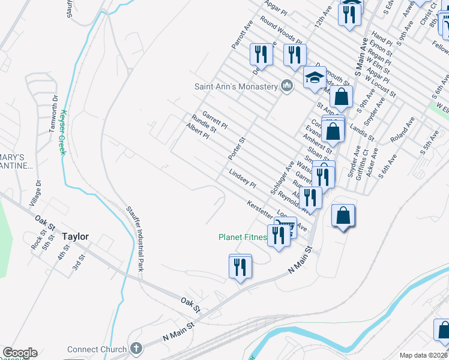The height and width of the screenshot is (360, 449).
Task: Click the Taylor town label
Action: (x=75, y=236)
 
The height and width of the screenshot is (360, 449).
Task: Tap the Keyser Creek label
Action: (x=62, y=132)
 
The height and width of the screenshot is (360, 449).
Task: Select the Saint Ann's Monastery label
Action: (x=235, y=86)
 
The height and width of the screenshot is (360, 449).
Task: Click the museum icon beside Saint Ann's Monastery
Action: (x=287, y=86)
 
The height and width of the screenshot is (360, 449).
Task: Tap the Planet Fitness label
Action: (x=243, y=237)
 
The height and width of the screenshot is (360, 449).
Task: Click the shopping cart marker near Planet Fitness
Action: (x=286, y=227)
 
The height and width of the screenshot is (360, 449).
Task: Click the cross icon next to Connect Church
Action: (x=136, y=349)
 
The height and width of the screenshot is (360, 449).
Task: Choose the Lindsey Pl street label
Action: (x=243, y=178)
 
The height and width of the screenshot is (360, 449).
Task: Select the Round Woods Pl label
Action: (x=280, y=35)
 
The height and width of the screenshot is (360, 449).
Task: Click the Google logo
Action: (x=20, y=353)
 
